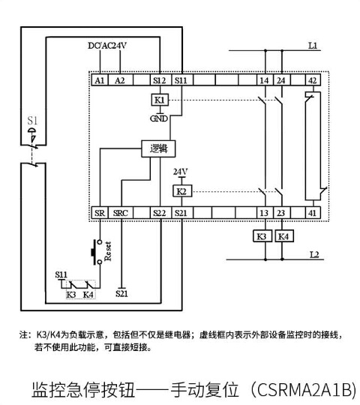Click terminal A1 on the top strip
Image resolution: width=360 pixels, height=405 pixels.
coord(100,80)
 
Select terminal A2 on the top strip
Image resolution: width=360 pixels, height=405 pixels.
coord(120,80)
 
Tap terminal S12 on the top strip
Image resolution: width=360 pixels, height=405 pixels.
coord(160,80)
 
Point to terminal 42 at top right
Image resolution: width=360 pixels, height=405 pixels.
coord(313,80)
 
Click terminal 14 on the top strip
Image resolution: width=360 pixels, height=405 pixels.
coord(265,80)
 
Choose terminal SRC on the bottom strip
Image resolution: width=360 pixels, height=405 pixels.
coord(121,213)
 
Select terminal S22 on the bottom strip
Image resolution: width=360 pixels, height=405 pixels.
coord(160,213)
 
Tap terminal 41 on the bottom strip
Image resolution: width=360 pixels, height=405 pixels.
coord(313,213)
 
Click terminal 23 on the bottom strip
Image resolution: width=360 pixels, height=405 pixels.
coord(281,213)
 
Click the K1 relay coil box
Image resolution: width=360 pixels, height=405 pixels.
coord(160,100)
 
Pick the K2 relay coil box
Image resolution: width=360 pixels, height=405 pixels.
coord(182,191)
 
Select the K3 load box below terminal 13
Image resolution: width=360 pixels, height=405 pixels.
coord(262,236)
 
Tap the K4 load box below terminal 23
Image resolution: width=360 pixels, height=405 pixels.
coord(283,236)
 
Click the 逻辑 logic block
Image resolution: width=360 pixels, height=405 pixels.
coord(158,148)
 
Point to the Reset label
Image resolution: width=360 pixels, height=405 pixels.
coord(108,251)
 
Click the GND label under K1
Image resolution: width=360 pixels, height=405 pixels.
coord(159,118)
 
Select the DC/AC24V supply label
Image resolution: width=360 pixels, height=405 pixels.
coord(107,46)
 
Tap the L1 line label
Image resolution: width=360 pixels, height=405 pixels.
coord(313,46)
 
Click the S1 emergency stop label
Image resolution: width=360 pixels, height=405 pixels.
coord(32,121)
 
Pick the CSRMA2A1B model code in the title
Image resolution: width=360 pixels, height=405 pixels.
coord(304,389)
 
